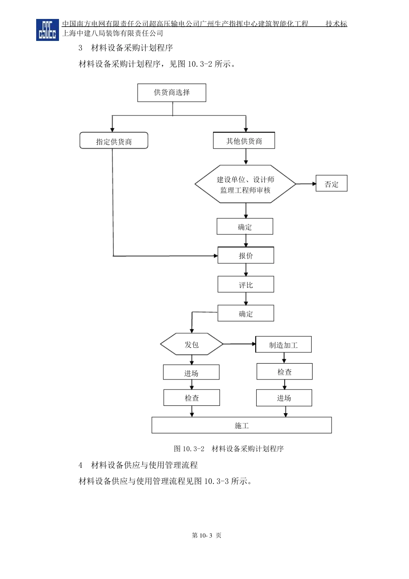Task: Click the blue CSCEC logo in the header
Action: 47,30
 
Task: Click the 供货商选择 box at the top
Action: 172,93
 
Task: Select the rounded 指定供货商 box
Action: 114,141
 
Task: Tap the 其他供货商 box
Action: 244,141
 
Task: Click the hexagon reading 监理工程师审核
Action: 245,184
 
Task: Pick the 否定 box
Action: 332,184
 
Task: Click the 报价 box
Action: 246,255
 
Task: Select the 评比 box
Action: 246,285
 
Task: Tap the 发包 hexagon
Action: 192,344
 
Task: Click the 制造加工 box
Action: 283,345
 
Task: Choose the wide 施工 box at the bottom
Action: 242,425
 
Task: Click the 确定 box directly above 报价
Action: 245,227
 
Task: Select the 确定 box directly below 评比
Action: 246,314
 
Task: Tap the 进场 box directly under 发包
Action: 191,373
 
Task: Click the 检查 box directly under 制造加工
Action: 285,372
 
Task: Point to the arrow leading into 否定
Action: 306,184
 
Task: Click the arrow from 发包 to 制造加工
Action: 239,344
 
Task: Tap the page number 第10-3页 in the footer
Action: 207,535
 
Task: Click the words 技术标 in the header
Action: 336,24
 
